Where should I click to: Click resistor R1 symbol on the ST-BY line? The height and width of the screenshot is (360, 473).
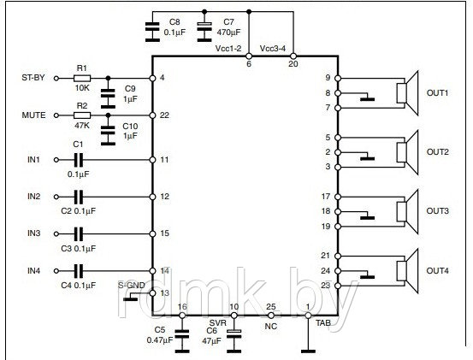point(82,79)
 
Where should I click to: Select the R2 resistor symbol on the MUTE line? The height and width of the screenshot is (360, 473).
point(82,115)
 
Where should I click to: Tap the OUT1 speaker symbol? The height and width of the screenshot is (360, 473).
point(407,93)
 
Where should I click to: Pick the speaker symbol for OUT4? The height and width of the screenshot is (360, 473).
point(407,271)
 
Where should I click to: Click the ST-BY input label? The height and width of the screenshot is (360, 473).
point(33,78)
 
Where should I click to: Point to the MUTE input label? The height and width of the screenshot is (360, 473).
point(34,115)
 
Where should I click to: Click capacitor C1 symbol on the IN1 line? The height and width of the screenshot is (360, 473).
point(79,160)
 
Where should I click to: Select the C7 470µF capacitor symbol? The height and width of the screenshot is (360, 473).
point(204,32)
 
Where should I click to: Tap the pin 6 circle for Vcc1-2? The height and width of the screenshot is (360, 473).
point(249,56)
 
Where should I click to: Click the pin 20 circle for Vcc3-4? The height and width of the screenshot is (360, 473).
point(293,56)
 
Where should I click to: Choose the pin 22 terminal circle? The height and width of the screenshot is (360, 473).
point(152,115)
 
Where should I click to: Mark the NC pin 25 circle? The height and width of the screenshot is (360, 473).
point(271,316)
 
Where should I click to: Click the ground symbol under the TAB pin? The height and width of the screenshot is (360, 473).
point(308,351)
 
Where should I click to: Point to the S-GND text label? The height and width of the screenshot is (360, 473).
point(132,286)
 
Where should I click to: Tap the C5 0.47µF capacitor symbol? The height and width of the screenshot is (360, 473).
point(182,340)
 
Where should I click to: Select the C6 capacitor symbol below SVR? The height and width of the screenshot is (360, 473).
point(234,340)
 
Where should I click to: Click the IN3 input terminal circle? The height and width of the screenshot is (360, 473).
point(56,233)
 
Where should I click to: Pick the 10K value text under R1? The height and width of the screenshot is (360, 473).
point(82,88)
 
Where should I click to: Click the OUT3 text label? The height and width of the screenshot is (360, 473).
point(437,210)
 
